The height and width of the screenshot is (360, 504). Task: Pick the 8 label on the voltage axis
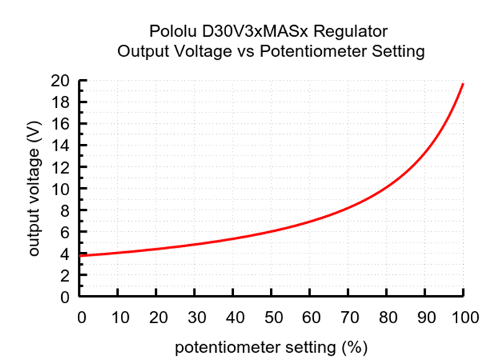tap(69, 210)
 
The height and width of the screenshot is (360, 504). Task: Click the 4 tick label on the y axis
tap(69, 253)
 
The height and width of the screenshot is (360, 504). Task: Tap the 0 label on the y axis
tap(69, 297)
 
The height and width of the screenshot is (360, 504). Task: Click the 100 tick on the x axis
tap(463, 316)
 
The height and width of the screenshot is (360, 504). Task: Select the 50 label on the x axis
tap(272, 316)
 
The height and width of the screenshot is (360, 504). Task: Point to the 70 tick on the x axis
tap(348, 316)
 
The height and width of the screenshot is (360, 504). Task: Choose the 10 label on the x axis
tap(120, 316)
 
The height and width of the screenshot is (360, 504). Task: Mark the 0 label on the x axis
tap(81, 316)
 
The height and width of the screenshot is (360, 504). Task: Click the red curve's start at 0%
tap(82, 256)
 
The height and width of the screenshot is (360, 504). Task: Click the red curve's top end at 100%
tap(463, 84)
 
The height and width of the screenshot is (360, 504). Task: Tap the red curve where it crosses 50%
tap(272, 231)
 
